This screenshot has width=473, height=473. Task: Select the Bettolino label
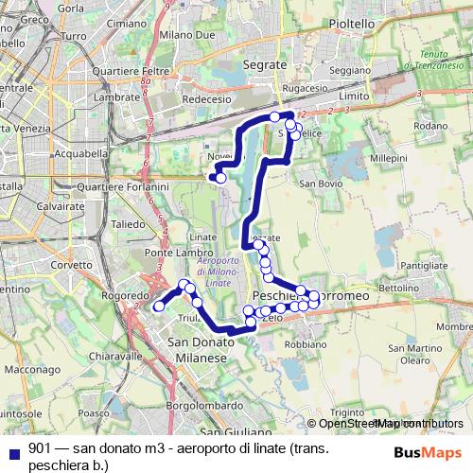pyautogui.click(x=398, y=286)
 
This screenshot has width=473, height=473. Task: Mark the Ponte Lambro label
pyautogui.click(x=171, y=254)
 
